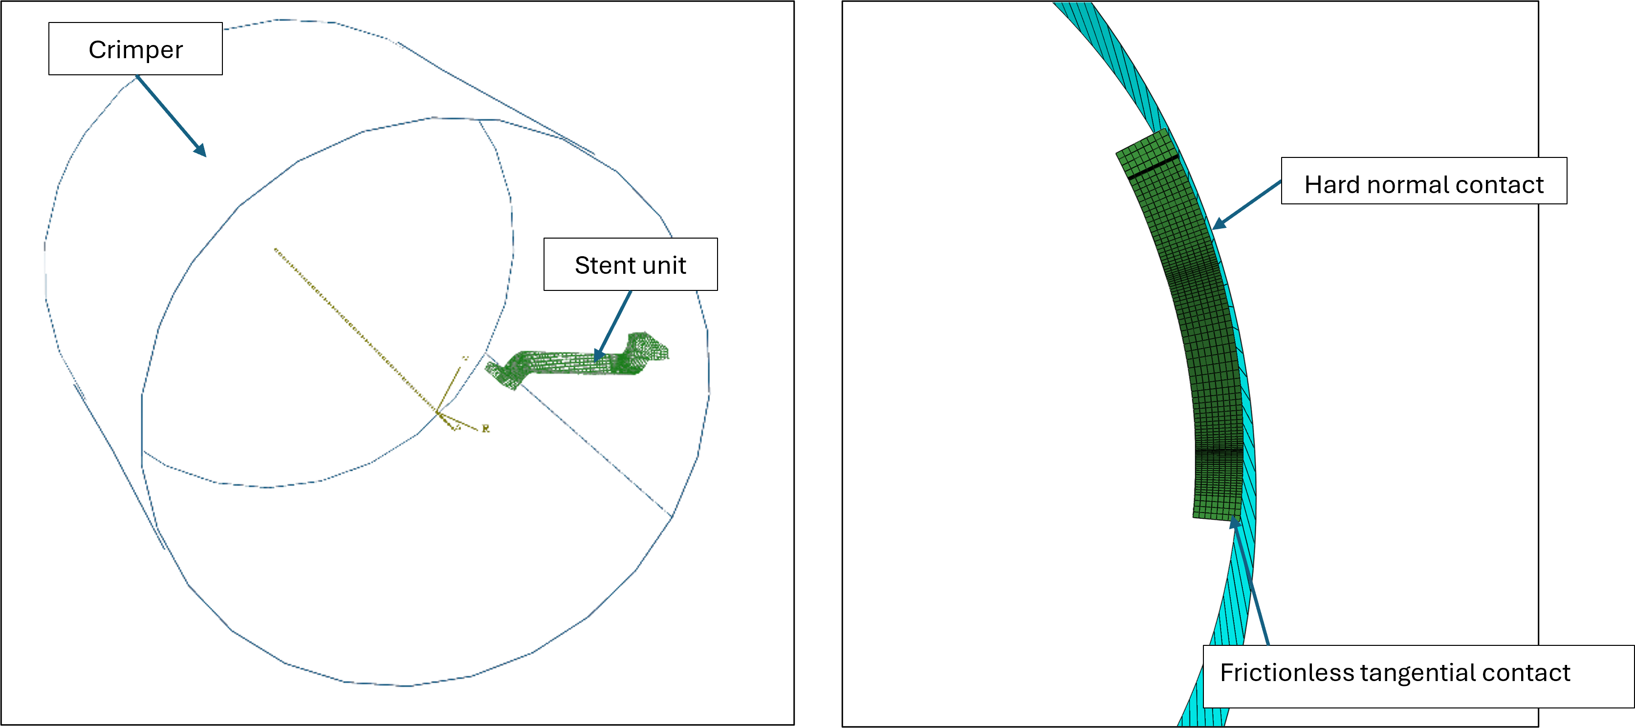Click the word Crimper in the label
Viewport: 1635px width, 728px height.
click(135, 49)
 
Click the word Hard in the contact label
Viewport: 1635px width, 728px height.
click(1331, 185)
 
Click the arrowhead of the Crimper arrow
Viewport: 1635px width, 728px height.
click(202, 153)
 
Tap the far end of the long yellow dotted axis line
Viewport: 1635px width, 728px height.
click(276, 249)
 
